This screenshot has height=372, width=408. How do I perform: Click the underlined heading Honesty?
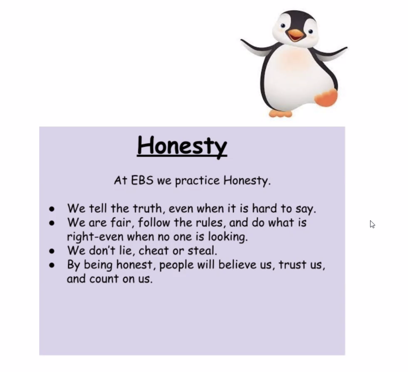click(x=182, y=147)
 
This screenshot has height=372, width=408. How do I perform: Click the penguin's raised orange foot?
click(x=326, y=97)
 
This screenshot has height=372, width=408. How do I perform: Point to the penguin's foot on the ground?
click(x=280, y=113)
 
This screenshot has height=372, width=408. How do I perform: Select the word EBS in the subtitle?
click(x=142, y=180)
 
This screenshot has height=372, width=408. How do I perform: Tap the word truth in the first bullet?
click(x=148, y=209)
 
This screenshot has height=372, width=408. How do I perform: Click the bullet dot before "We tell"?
click(x=52, y=209)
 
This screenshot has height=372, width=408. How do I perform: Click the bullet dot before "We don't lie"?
click(x=52, y=251)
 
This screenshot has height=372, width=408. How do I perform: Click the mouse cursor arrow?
click(x=373, y=224)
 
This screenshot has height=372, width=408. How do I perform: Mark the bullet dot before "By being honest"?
click(x=52, y=265)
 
